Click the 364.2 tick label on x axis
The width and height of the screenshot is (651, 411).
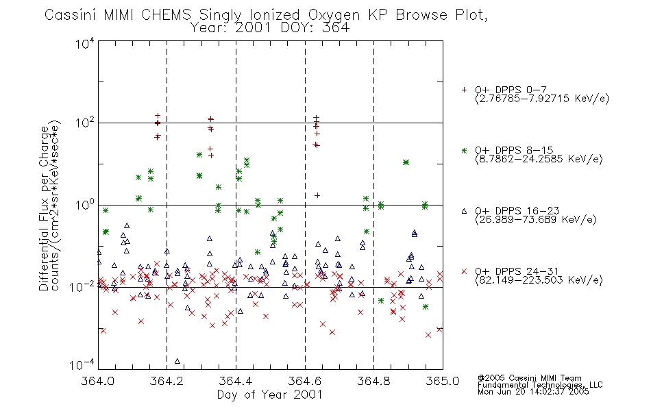coord(167,381)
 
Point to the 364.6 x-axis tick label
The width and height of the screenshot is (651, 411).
coord(305,381)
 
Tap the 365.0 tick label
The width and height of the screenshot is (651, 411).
coord(443,381)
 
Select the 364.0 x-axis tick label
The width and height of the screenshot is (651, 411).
coord(98,381)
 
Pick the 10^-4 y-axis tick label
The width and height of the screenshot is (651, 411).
coord(82,364)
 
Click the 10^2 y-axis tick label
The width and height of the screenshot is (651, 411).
coord(85,123)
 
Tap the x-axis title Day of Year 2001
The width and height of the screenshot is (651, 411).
coord(270,395)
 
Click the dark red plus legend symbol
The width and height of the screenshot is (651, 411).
coord(464,90)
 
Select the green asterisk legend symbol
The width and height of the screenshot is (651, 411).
coord(464,150)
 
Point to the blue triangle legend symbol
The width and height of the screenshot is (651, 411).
coord(464,211)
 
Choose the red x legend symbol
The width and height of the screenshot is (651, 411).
coord(464,271)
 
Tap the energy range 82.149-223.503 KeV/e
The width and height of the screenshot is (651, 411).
coord(539,280)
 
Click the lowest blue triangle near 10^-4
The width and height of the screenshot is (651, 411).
coord(177,361)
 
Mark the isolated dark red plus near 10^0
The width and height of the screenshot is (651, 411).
coord(317,195)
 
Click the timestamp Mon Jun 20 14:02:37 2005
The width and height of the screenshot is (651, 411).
coord(533,392)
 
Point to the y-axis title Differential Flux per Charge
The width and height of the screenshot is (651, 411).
coord(44,208)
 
